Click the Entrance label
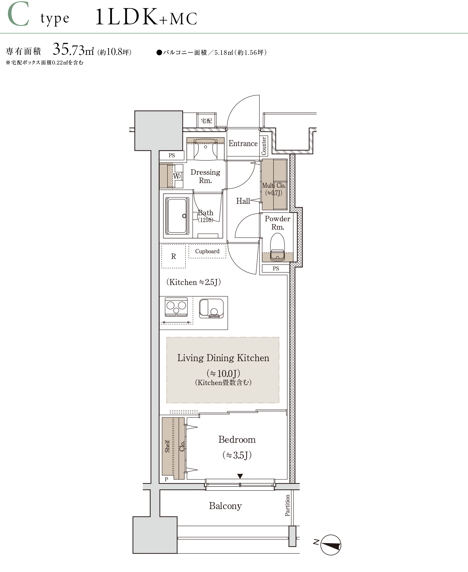243,144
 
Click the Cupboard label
207,251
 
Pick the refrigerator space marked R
174,256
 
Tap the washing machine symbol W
177,176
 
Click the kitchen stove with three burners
176,307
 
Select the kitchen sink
212,309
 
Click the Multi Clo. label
274,185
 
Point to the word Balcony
225,506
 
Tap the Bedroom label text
237,440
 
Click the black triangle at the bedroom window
240,476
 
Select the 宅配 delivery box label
206,121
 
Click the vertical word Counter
264,146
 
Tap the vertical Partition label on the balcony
287,505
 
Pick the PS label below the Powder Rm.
276,269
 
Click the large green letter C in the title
18,14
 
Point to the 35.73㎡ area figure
73,50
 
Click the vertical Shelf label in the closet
167,446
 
